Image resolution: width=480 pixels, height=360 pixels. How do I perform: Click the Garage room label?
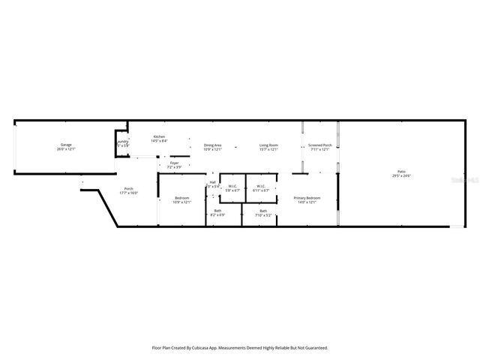(66, 144)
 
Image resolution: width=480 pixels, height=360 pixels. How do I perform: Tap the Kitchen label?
(159, 136)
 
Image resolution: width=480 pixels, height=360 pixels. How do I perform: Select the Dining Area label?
(213, 145)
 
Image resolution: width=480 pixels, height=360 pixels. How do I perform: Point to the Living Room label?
(269, 145)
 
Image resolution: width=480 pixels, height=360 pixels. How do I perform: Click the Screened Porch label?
(320, 145)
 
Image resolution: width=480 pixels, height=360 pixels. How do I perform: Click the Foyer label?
(174, 162)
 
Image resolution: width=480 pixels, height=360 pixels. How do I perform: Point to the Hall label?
(212, 182)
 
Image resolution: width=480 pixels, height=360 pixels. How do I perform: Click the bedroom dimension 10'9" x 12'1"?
(182, 202)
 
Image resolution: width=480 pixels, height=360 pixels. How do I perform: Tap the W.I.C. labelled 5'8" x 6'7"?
(232, 190)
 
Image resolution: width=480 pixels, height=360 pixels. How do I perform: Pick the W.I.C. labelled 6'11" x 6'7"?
(260, 190)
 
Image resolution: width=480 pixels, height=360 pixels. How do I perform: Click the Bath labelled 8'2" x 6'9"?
(217, 214)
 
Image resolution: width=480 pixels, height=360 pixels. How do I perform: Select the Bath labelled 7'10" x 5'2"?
(263, 214)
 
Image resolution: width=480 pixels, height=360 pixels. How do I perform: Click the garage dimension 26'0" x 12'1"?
(66, 148)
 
